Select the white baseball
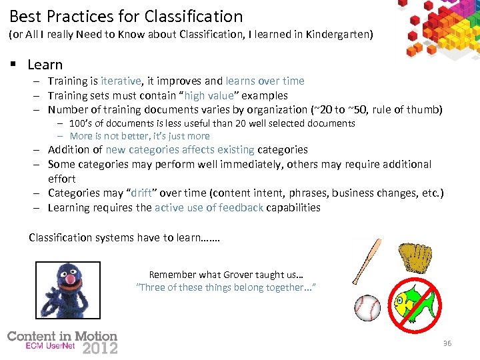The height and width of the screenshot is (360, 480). point(367,307)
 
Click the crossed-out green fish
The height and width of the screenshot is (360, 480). point(415,305)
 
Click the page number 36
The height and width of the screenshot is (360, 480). point(447,343)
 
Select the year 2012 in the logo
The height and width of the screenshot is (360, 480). point(100,347)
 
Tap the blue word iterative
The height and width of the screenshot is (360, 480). point(121,81)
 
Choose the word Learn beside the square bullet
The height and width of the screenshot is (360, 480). point(45,65)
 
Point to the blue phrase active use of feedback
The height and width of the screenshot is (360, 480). point(209,207)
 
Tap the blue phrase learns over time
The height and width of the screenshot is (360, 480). point(265,81)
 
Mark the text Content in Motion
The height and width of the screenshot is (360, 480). point(62,337)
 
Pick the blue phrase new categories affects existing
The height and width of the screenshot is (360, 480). point(180,149)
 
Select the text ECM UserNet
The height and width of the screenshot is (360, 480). point(51,347)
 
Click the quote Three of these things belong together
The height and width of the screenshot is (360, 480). point(226,287)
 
